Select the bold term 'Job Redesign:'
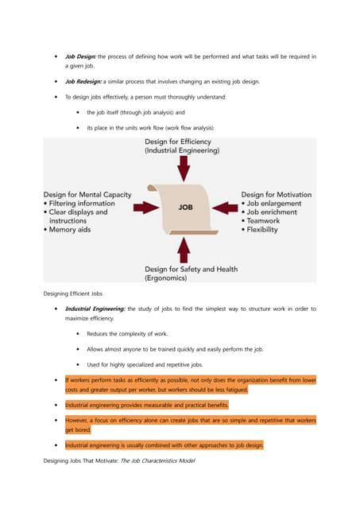point(83,82)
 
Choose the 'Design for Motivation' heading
point(276,194)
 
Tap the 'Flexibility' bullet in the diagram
point(272,230)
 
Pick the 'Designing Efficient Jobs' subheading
point(77,294)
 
